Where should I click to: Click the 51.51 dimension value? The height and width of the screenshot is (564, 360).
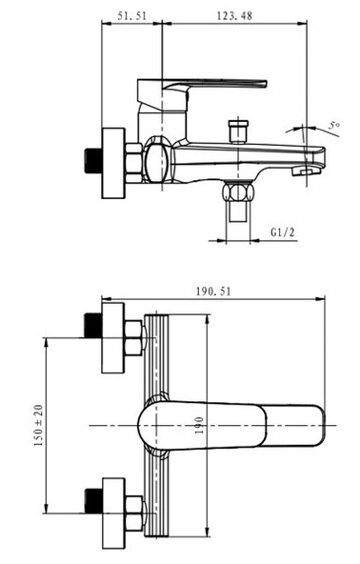pos(132,16)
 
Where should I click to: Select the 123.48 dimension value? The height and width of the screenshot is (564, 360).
pos(234,16)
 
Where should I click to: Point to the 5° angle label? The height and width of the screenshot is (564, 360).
pos(334,125)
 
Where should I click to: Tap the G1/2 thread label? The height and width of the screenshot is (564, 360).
pos(282,232)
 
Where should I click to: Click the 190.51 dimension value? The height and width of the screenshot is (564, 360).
pos(213,291)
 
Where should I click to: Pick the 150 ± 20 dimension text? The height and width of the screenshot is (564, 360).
pos(38,426)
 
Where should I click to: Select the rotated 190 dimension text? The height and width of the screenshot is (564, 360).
pos(199,426)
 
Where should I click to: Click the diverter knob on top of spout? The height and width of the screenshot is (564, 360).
pos(238,131)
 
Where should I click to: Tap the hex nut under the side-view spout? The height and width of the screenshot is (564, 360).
pos(238,191)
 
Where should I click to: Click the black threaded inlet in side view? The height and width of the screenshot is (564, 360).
pos(92,162)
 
